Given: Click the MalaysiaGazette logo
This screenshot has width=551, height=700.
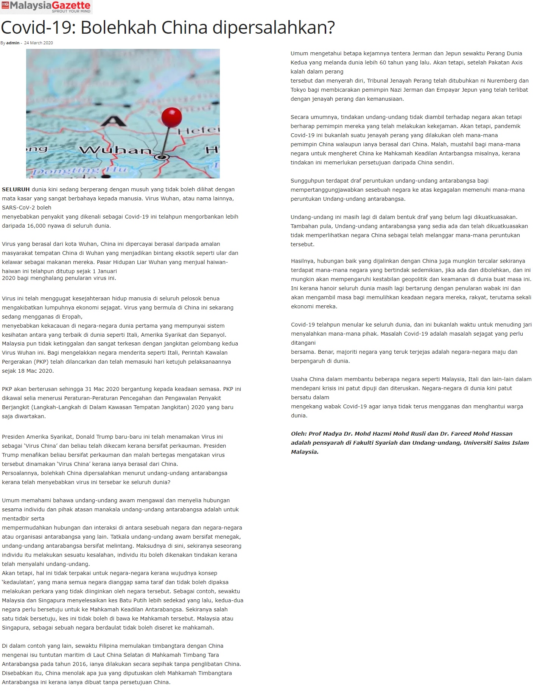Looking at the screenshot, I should [x=46, y=6].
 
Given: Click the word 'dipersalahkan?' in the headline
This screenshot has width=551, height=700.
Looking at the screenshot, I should [x=274, y=28].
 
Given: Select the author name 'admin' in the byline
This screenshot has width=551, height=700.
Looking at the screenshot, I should [x=13, y=43].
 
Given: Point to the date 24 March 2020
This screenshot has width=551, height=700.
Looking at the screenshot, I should [x=39, y=43].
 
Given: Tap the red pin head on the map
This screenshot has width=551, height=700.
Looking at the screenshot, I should [x=171, y=117].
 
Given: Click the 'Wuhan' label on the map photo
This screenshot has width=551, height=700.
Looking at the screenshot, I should [x=115, y=150].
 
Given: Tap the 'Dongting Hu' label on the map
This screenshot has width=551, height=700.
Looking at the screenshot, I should [x=79, y=171].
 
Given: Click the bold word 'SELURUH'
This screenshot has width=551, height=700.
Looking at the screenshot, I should [x=16, y=189].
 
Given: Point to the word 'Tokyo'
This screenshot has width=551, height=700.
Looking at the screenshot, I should [x=298, y=90].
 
